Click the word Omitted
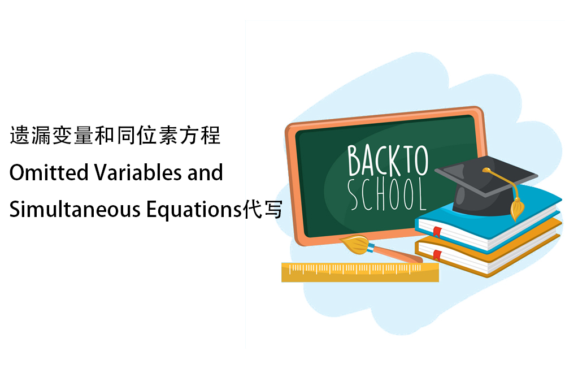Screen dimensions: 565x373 49,172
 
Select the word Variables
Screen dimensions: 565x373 138,172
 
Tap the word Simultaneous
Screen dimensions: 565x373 75,209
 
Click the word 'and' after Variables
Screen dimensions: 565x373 205,172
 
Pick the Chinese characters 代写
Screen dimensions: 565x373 263,209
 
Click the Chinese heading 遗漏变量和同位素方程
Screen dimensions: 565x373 115,136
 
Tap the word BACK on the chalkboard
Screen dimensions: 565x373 375,161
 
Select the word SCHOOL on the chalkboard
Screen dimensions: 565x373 386,194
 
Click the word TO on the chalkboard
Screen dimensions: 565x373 416,160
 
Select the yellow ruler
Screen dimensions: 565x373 360,272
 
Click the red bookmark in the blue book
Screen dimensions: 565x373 437,231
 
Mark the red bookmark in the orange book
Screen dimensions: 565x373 437,255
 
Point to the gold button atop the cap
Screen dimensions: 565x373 486,170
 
